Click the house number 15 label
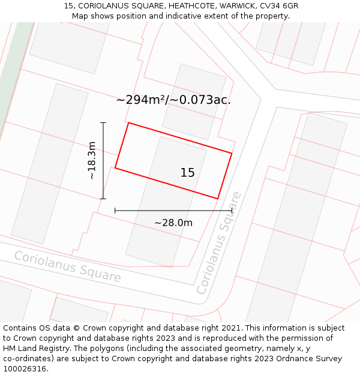click(187, 173)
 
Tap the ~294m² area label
click(140, 100)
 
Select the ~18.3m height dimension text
click(91, 160)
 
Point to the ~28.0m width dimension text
click(173, 223)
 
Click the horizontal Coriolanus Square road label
click(67, 266)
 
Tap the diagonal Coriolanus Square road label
click(219, 242)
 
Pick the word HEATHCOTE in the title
click(179, 6)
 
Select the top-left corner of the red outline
click(128, 123)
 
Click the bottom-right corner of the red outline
click(218, 199)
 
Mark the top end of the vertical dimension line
click(103, 122)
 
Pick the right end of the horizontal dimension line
click(232, 211)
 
